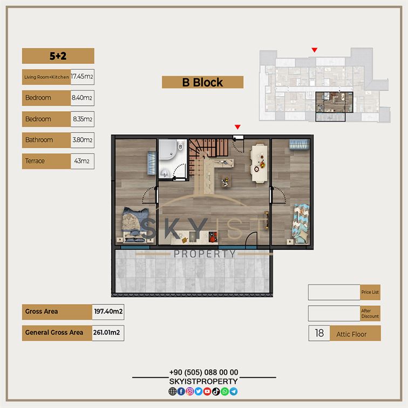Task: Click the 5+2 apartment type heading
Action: click(58, 56)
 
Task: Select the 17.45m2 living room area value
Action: click(82, 77)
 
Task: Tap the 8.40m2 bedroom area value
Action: click(82, 98)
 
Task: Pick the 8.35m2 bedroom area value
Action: click(83, 119)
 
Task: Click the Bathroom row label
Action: click(39, 140)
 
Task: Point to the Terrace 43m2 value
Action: click(81, 161)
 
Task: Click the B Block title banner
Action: click(202, 82)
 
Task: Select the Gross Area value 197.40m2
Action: click(108, 311)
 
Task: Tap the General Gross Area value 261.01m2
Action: click(107, 332)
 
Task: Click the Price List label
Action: click(370, 292)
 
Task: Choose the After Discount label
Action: click(370, 313)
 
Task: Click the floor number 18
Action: click(319, 333)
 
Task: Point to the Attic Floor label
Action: click(351, 334)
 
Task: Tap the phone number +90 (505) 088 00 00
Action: click(204, 372)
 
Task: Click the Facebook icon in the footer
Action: click(181, 391)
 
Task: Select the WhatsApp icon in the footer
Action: click(225, 391)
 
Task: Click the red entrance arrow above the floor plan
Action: click(237, 127)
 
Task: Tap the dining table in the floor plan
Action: click(259, 163)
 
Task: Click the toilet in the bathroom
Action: click(180, 146)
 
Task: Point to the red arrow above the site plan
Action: click(315, 50)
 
